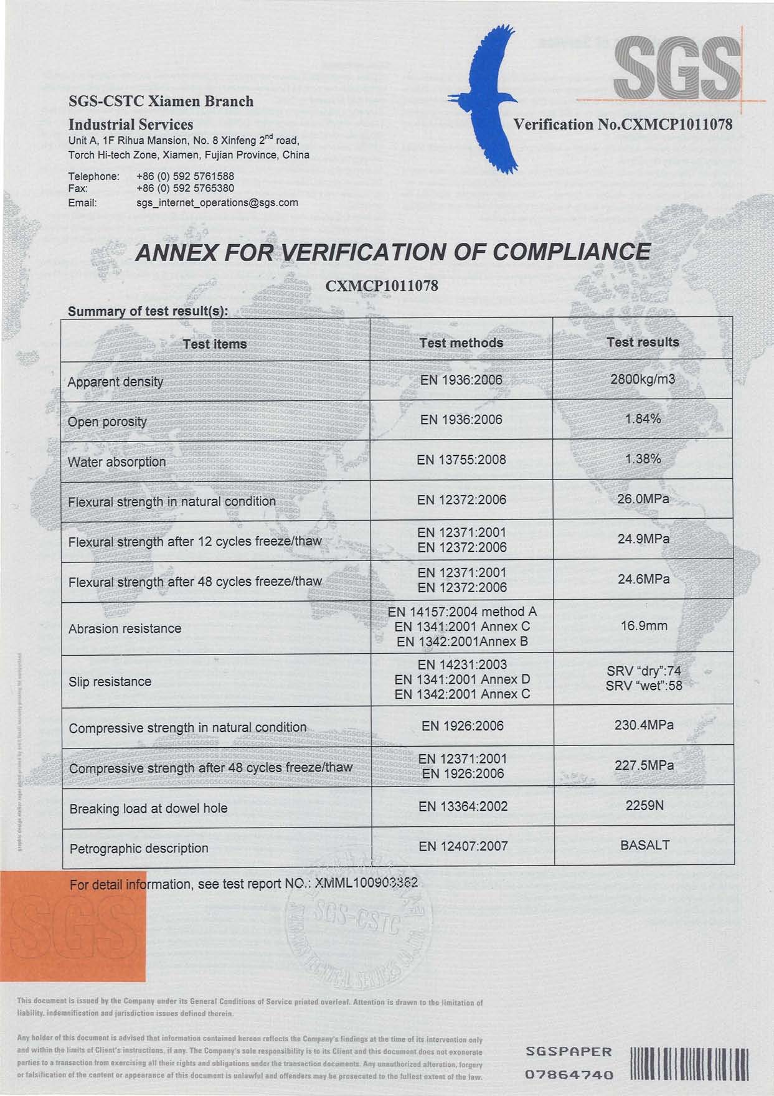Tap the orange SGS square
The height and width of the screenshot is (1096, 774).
[x=72, y=926]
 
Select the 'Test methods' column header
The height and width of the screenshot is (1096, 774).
[x=461, y=342]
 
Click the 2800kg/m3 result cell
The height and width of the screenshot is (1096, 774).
[x=643, y=379]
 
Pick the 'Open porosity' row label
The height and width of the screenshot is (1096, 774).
[x=107, y=422]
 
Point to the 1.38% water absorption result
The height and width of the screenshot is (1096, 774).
[x=643, y=459]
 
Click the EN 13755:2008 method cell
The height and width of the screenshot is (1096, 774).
[x=461, y=460]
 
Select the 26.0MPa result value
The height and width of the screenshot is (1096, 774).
[x=643, y=499]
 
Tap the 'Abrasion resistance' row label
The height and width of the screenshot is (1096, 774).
[x=125, y=628]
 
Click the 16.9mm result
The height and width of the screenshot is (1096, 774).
[x=643, y=625]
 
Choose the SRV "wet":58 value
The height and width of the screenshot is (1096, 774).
[x=644, y=686]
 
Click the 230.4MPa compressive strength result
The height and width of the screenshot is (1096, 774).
[x=644, y=725]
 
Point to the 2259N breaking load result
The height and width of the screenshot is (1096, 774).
[x=644, y=805]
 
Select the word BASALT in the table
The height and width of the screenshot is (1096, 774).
[x=645, y=845]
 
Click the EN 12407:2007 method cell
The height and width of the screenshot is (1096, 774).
[x=463, y=846]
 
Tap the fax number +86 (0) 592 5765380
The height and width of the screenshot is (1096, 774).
[x=185, y=188]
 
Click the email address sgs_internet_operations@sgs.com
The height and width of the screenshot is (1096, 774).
[x=217, y=202]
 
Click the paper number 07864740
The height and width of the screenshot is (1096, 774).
[x=569, y=1074]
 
